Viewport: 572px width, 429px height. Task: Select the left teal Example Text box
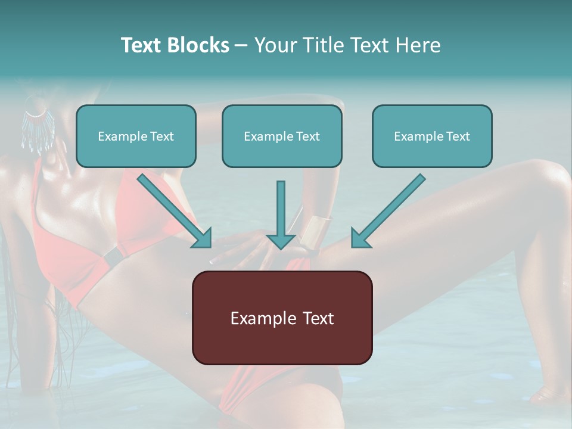click(x=136, y=136)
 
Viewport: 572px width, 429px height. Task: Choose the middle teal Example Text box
click(x=282, y=136)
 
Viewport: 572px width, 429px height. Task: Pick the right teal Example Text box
click(x=432, y=136)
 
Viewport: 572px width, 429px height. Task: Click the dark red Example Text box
click(x=282, y=318)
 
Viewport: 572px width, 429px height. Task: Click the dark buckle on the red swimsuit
click(x=112, y=257)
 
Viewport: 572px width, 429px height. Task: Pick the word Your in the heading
click(x=274, y=45)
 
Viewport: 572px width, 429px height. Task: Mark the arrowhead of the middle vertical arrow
click(x=281, y=240)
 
